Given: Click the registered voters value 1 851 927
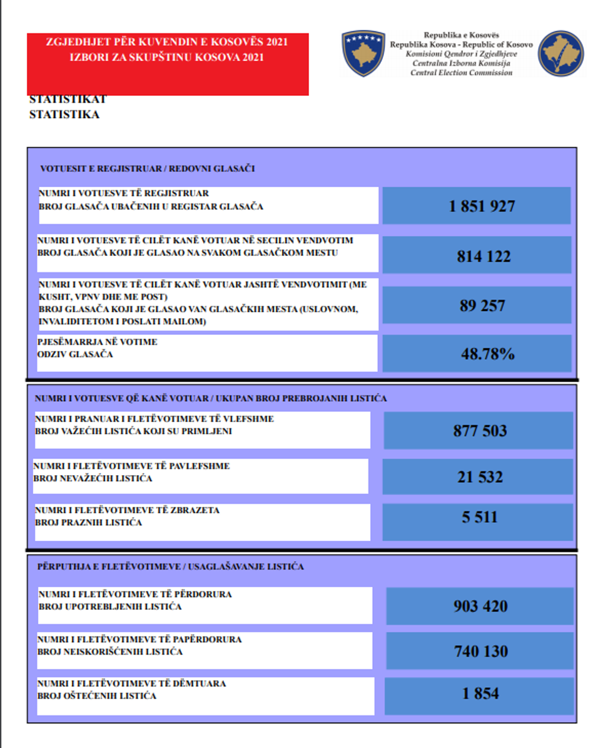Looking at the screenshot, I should point(482,206).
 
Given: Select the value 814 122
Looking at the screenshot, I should point(484,256).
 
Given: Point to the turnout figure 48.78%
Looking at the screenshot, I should point(488,354).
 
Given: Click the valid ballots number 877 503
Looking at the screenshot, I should point(480,431).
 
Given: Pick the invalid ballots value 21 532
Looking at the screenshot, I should point(480,477).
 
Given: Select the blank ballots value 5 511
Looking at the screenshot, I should point(480,517).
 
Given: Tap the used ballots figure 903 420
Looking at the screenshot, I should point(480,607).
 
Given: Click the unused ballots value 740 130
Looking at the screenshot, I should point(480,652).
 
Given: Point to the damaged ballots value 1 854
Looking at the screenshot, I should point(480,693).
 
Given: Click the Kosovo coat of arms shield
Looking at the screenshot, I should point(363,53).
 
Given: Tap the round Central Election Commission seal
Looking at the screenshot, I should point(560,53).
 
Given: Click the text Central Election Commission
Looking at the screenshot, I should point(461,73).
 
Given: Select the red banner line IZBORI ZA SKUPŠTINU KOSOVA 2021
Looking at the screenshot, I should point(167,57).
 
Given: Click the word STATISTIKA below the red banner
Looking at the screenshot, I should point(64,115).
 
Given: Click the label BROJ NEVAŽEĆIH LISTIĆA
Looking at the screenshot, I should point(93,478).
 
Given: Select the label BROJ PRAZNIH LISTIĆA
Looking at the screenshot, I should point(88,522).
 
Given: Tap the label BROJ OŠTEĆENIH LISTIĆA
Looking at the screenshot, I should point(97,695).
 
